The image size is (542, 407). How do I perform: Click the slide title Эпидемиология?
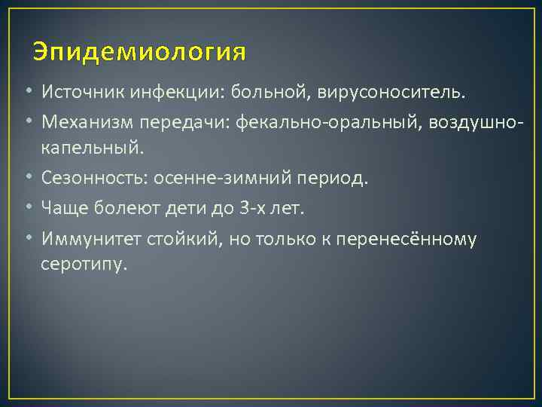tap(139, 53)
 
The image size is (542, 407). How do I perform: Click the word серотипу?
tap(85, 265)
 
